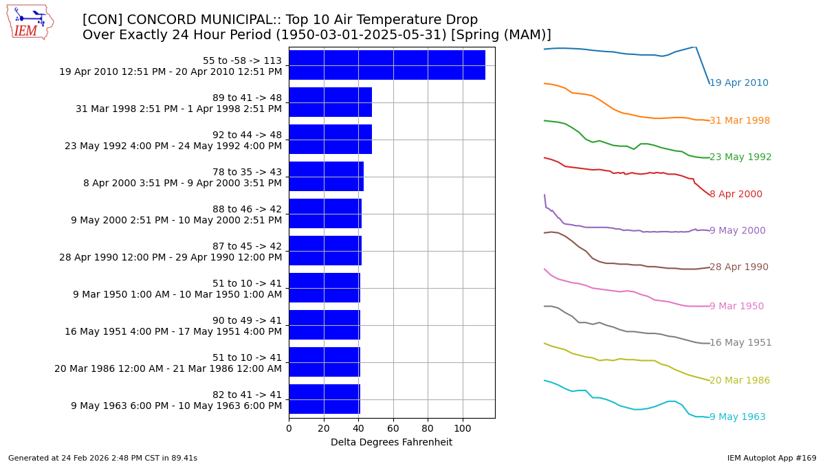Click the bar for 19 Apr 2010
[x=387, y=65]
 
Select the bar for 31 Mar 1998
[x=330, y=102]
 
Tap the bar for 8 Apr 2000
[x=326, y=177]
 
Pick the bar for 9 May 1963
[x=324, y=399]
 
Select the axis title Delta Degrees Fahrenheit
[x=391, y=443]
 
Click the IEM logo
[x=30, y=22]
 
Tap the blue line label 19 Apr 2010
[x=738, y=83]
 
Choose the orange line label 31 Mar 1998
[x=739, y=121]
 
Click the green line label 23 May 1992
[x=740, y=157]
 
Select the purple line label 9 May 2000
[x=737, y=231]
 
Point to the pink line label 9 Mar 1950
[x=736, y=307]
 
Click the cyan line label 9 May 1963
[x=737, y=417]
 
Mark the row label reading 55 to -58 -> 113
[x=242, y=60]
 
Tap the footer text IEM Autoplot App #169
[x=771, y=458]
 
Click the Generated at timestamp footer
[x=102, y=458]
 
